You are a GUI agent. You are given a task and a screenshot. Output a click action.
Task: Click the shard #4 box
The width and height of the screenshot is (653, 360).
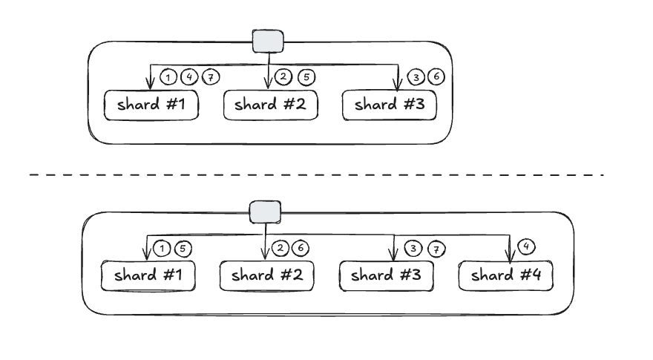coord(505,276)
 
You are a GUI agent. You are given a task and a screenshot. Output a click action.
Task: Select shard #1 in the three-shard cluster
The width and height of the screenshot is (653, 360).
coord(151,105)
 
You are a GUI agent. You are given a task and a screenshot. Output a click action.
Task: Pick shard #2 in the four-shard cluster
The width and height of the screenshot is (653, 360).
coord(266,276)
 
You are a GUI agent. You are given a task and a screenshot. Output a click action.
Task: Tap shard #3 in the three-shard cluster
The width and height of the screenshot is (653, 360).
coord(388,105)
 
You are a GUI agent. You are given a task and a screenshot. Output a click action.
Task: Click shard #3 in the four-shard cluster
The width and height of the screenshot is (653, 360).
coord(386,276)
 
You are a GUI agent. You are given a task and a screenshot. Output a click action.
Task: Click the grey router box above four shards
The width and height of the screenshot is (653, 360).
coord(265,213)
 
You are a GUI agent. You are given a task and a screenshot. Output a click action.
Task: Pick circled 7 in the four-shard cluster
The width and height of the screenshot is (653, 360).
coord(438,249)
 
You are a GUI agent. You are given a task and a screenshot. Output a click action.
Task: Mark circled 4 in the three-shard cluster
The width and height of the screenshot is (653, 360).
coord(190,76)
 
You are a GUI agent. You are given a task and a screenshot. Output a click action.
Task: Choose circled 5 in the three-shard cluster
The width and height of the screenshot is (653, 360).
coord(305,76)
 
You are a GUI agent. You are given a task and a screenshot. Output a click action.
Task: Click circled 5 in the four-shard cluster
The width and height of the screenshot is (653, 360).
coord(183,249)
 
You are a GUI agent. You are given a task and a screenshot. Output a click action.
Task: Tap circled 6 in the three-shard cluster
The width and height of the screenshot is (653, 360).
coord(438,77)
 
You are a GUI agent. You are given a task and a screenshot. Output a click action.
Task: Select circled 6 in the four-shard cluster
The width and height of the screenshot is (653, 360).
coord(301,249)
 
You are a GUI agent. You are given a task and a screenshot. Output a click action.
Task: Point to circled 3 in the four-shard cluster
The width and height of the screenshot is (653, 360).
coord(413,249)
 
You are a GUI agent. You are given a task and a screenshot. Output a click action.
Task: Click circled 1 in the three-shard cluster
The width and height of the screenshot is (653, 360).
coord(169,76)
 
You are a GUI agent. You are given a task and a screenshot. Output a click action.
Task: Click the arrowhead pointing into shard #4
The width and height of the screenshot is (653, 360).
coord(509,258)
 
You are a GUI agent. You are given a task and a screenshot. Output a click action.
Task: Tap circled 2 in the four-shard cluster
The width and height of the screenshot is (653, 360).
coord(279,249)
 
